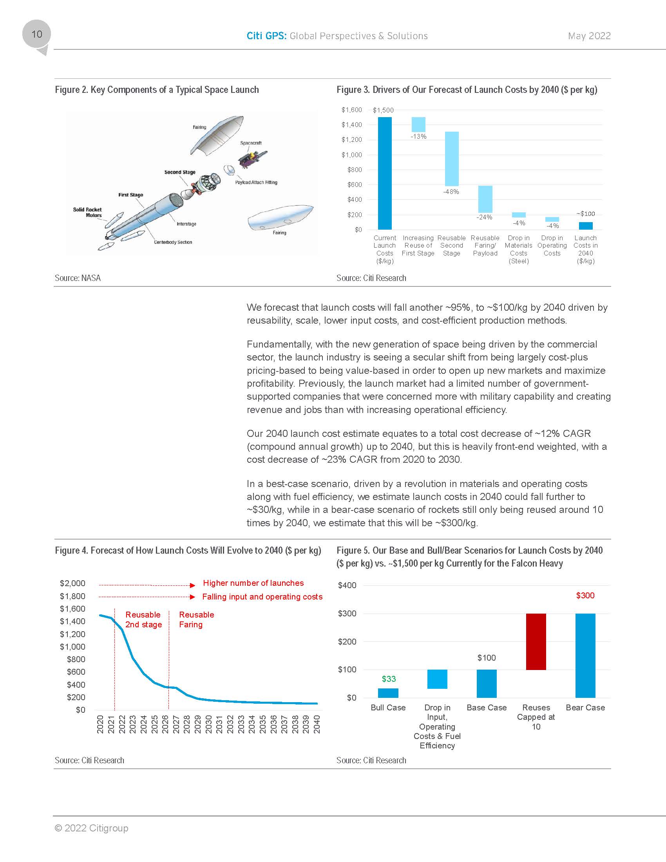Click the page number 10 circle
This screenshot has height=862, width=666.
36,34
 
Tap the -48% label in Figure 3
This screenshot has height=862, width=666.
451,192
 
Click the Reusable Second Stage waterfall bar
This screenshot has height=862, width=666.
452,159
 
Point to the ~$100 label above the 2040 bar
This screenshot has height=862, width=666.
586,214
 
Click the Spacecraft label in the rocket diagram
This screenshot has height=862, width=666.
251,143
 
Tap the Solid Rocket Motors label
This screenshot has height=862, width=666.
88,212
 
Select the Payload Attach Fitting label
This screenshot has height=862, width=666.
256,182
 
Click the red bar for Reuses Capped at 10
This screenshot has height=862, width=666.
536,641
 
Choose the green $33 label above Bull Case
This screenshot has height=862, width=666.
389,679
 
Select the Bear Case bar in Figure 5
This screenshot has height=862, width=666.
585,655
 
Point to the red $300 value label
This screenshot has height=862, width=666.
585,596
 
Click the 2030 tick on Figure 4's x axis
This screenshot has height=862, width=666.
209,724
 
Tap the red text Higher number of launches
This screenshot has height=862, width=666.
253,583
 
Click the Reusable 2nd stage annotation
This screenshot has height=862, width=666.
144,620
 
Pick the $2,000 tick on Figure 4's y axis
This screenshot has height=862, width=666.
72,583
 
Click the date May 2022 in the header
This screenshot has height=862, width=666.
589,36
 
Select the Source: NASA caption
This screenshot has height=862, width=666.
78,278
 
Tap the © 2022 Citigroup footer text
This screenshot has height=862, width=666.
92,828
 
